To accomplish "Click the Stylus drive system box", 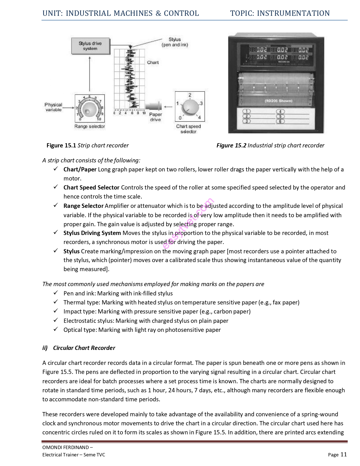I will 90,46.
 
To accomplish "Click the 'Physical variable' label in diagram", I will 53,107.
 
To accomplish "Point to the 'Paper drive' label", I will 155,117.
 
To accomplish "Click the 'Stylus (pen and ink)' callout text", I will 174,42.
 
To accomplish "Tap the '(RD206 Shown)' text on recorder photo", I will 278,101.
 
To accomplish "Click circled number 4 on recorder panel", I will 280,112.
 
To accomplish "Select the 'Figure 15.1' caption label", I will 61,145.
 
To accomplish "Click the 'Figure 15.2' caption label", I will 231,145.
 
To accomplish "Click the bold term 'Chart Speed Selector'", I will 91,188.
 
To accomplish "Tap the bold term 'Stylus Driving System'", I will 92,233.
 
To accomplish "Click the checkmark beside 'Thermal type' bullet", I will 56,302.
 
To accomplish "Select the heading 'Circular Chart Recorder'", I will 84,348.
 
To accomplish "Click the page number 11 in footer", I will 343,454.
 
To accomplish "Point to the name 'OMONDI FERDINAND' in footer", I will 65,447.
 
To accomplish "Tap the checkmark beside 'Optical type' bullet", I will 56,329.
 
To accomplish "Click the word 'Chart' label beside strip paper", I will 153,62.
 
